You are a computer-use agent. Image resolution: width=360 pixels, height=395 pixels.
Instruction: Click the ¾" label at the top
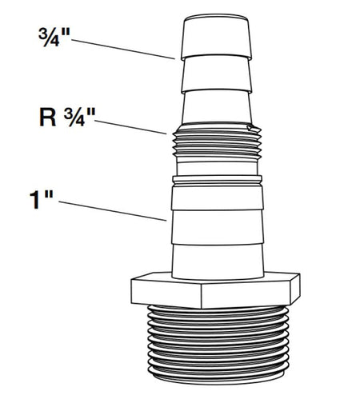(x=54, y=37)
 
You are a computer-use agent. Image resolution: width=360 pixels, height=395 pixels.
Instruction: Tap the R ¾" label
(x=67, y=117)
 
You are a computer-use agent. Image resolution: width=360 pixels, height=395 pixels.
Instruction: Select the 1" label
(x=41, y=200)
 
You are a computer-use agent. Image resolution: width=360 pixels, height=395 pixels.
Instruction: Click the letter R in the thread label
(x=48, y=118)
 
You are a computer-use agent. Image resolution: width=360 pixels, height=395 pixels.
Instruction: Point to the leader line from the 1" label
(x=113, y=211)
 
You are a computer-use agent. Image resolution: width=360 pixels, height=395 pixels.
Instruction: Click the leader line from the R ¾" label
(x=130, y=127)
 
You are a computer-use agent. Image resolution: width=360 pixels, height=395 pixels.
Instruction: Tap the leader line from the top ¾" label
(x=123, y=49)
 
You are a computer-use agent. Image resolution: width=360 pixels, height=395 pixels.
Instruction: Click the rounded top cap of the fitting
(x=216, y=37)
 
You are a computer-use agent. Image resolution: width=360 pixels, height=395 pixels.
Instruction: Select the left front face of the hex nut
(x=166, y=293)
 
